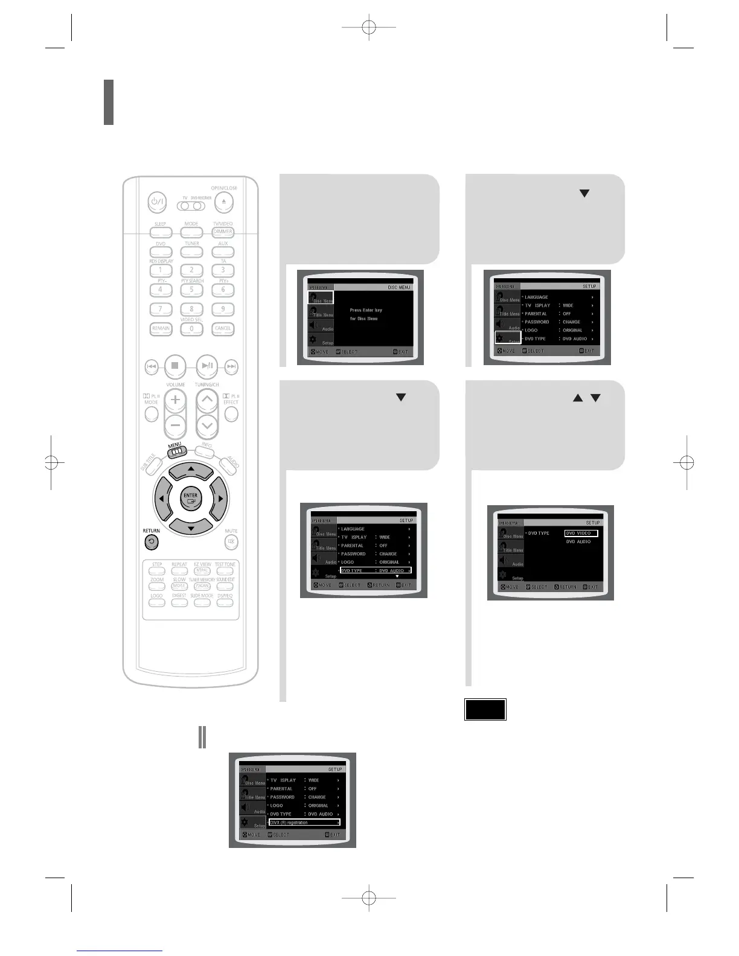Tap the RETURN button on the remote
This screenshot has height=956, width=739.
pyautogui.click(x=152, y=542)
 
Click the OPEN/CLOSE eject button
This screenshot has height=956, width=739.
pyautogui.click(x=223, y=201)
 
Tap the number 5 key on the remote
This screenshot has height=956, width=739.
pyautogui.click(x=191, y=290)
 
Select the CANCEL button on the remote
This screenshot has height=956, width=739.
pyautogui.click(x=223, y=329)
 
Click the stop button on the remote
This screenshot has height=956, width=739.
pyautogui.click(x=174, y=365)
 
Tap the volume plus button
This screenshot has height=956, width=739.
pyautogui.click(x=175, y=400)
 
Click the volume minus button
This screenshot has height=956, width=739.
pyautogui.click(x=175, y=425)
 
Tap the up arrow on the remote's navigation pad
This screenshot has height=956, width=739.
pyautogui.click(x=191, y=470)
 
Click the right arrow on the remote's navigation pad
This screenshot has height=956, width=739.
pyautogui.click(x=220, y=499)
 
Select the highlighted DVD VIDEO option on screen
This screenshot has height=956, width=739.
pyautogui.click(x=581, y=533)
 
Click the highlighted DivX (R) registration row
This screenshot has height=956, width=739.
pyautogui.click(x=304, y=823)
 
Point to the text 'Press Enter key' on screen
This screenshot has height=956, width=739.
pyautogui.click(x=366, y=310)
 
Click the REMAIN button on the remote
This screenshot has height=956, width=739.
pyautogui.click(x=161, y=329)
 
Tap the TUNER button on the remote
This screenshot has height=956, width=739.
pyautogui.click(x=192, y=252)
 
